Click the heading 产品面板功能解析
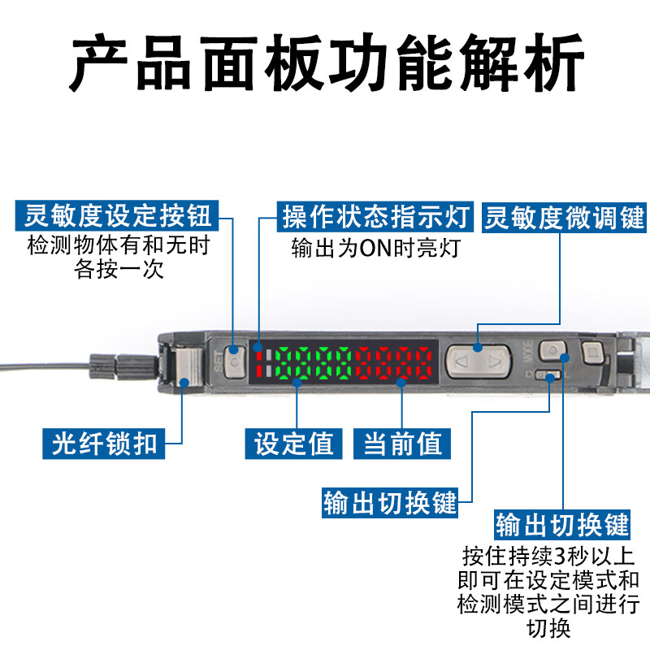pyautogui.click(x=327, y=63)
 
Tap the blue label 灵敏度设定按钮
pyautogui.click(x=117, y=215)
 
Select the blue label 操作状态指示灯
pyautogui.click(x=375, y=216)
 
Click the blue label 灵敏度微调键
pyautogui.click(x=564, y=217)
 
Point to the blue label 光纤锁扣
pyautogui.click(x=104, y=444)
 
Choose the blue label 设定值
pyautogui.click(x=293, y=444)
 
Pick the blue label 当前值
pyautogui.click(x=401, y=444)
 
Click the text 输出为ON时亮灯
pyautogui.click(x=375, y=248)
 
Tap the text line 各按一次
pyautogui.click(x=119, y=270)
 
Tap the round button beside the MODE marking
pyautogui.click(x=552, y=350)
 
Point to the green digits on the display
pyautogui.click(x=315, y=362)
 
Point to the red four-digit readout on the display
pyautogui.click(x=394, y=362)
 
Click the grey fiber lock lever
pyautogui.click(x=188, y=366)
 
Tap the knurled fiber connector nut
pyautogui.click(x=123, y=366)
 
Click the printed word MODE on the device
pyautogui.click(x=528, y=352)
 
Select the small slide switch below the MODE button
pyautogui.click(x=548, y=375)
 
